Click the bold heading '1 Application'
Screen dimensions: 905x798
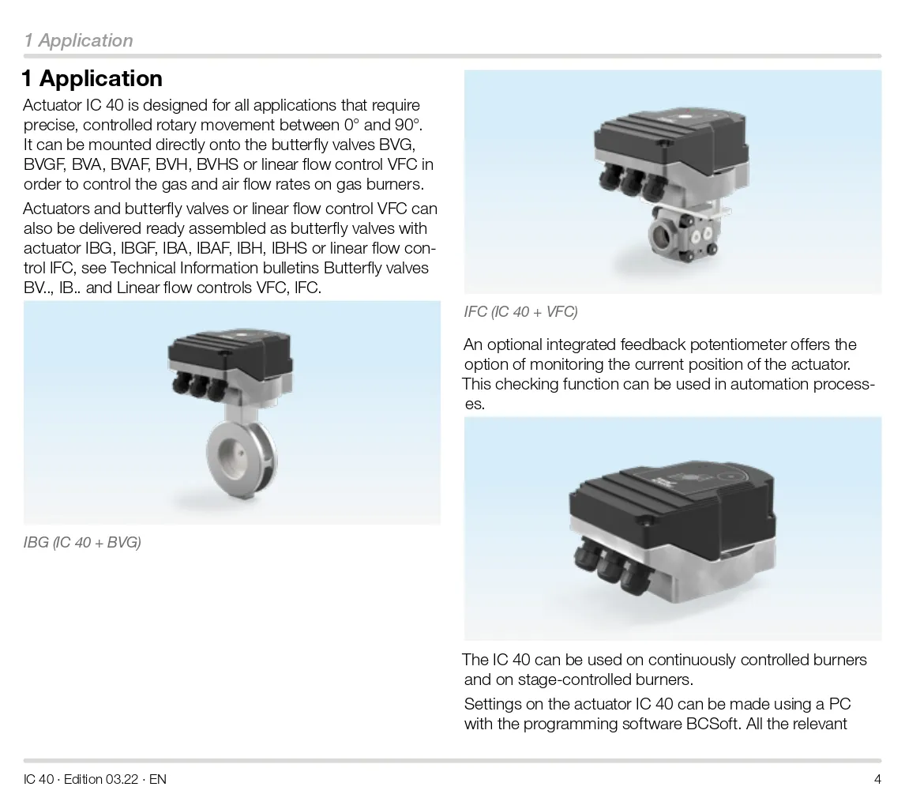point(92,78)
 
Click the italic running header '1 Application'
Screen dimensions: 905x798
point(78,40)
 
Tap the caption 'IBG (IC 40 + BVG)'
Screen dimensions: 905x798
point(82,542)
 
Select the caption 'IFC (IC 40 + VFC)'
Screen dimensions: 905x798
point(520,312)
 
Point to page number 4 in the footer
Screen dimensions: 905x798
point(877,779)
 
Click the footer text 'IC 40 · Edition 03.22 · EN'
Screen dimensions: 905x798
point(95,779)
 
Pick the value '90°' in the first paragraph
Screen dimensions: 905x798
point(410,126)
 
